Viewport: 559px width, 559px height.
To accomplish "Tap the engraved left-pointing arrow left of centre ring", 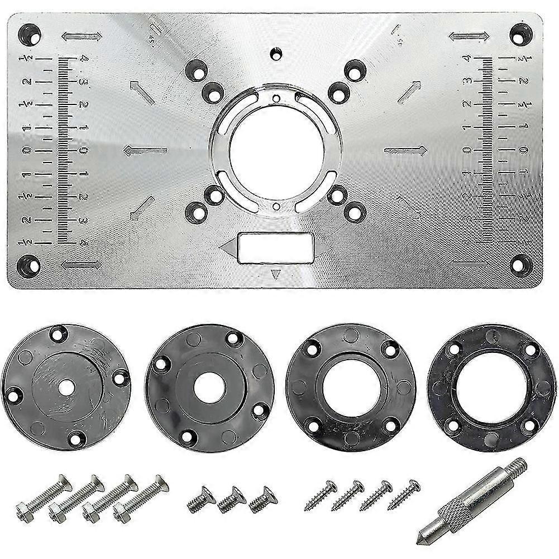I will coord(145,150).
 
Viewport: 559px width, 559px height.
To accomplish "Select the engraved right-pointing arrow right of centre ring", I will coord(406,150).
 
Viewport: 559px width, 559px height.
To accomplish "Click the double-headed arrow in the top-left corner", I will coord(82,37).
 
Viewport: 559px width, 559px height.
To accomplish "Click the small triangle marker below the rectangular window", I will coord(274,274).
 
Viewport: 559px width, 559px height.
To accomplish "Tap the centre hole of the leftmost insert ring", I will coord(66,385).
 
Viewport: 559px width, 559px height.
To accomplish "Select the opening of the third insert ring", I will coord(350,385).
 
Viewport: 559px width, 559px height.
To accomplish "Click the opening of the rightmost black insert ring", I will coord(490,385).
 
